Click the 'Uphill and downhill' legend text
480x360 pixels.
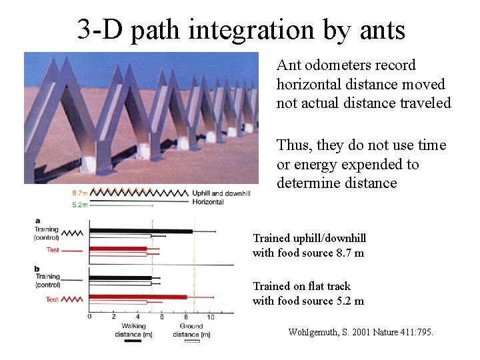coord(221,193)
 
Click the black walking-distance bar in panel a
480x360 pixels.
coord(140,231)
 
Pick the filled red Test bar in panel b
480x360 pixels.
coord(137,297)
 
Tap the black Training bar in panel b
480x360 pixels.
coord(120,278)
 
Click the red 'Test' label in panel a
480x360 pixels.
coord(54,250)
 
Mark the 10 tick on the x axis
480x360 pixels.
coord(211,317)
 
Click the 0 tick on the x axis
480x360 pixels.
coord(90,317)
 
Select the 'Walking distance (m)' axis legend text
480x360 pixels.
coord(133,330)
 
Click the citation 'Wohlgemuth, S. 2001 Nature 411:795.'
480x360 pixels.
coord(360,331)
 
